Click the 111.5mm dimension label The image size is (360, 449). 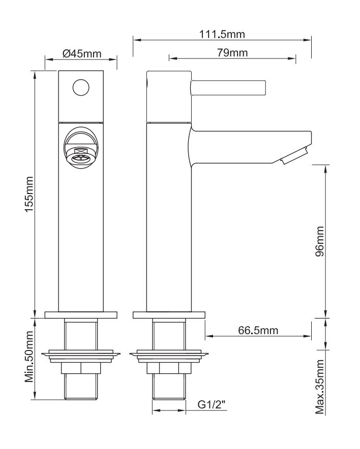pyautogui.click(x=222, y=35)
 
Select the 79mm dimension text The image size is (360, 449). pyautogui.click(x=232, y=53)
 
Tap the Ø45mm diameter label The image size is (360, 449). pyautogui.click(x=82, y=53)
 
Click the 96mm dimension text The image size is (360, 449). pyautogui.click(x=319, y=241)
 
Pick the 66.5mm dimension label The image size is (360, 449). pyautogui.click(x=258, y=330)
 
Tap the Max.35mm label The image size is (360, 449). pyautogui.click(x=320, y=387)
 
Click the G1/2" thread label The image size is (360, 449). pyautogui.click(x=212, y=405)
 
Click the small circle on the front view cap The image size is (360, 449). pyautogui.click(x=81, y=87)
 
